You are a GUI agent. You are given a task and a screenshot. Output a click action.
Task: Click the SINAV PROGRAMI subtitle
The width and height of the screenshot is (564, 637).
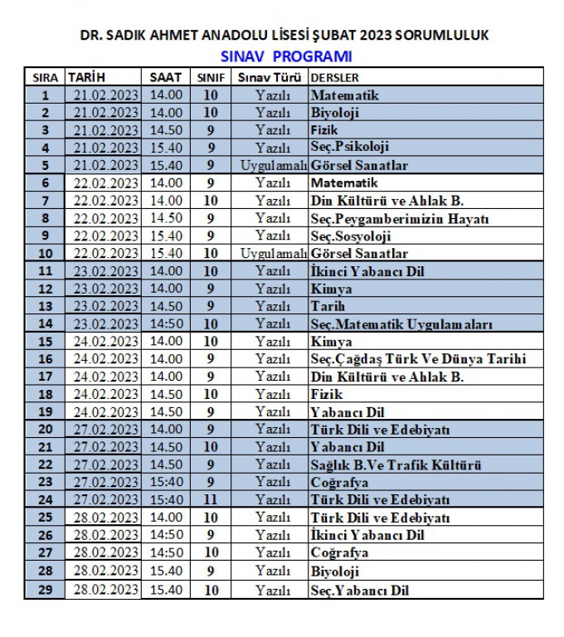286,56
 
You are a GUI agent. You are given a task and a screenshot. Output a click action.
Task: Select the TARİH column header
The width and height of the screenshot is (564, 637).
86,77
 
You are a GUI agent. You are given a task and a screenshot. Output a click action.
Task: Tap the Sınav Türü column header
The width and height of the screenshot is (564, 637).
270,77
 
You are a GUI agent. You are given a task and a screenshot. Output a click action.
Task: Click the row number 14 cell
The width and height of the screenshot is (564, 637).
45,323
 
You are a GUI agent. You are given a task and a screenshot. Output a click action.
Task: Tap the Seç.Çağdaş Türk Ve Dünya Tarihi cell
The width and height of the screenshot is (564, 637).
417,359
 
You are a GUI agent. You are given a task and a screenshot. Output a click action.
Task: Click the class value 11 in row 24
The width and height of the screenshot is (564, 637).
211,499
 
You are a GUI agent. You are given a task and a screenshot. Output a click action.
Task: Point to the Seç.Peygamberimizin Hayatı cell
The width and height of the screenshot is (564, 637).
399,218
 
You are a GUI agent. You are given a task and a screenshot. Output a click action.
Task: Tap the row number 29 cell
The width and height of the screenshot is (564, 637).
45,590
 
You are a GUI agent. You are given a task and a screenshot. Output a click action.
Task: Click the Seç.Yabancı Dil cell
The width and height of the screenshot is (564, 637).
360,590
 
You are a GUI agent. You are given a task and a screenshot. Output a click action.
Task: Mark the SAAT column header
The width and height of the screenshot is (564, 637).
165,77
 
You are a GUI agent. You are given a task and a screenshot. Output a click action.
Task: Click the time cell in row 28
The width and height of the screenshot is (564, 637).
166,571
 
